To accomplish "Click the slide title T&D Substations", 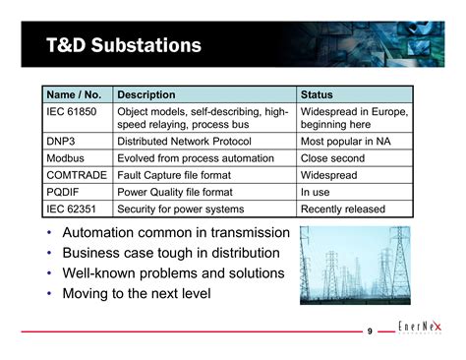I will click(x=124, y=45).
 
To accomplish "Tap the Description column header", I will click(x=146, y=94).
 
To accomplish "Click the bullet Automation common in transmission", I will click(x=175, y=233).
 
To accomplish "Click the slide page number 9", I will click(x=369, y=330).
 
